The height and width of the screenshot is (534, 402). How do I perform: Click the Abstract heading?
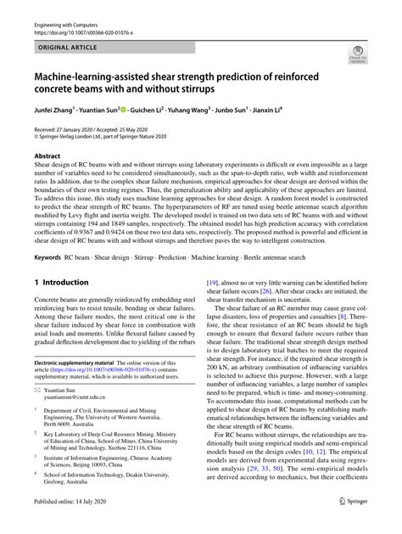tap(47, 157)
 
